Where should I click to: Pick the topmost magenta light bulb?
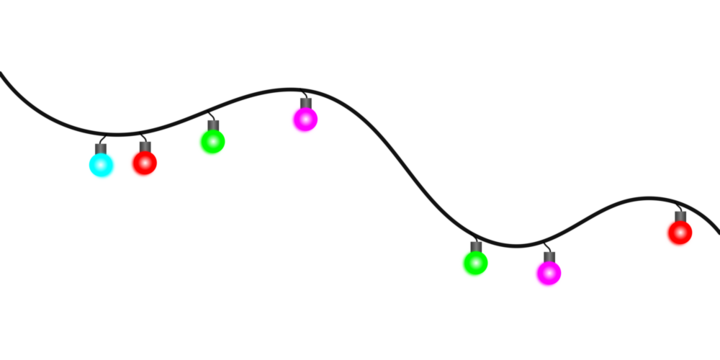tap(304, 120)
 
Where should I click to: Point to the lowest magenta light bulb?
tap(547, 273)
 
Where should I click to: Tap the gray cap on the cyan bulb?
tap(101, 148)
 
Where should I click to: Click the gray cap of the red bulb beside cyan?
tap(145, 146)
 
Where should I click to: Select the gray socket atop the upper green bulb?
tap(213, 124)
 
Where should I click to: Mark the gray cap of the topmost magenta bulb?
tap(306, 102)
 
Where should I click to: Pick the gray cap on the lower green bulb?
tap(476, 246)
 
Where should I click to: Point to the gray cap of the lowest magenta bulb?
tap(549, 256)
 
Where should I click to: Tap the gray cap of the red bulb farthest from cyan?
tap(680, 215)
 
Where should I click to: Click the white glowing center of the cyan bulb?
tap(100, 163)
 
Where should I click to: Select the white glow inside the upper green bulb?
tap(210, 140)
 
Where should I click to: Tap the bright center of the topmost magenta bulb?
tap(303, 118)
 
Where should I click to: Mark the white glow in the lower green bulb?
tap(473, 262)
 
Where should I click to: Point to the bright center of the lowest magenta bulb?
tap(546, 271)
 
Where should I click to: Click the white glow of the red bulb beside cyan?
tap(142, 162)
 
